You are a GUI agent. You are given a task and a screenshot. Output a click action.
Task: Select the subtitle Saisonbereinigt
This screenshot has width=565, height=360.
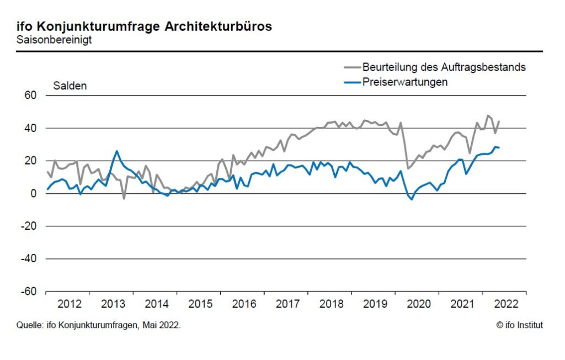coord(54,40)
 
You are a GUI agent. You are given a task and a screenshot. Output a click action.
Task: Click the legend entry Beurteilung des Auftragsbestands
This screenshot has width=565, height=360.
coord(444,67)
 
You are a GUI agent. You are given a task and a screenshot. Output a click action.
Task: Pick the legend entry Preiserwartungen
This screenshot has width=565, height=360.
coord(404,82)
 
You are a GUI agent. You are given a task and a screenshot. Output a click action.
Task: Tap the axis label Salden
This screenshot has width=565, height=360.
coord(70,86)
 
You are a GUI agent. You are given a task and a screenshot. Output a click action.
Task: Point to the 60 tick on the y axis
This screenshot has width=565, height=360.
coord(30,96)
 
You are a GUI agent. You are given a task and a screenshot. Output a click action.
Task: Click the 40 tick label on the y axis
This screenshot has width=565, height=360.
coord(30,128)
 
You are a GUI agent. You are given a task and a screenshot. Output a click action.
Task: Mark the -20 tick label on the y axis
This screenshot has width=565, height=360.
coord(28,226)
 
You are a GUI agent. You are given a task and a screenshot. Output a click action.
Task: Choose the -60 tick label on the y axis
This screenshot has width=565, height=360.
coord(28,292)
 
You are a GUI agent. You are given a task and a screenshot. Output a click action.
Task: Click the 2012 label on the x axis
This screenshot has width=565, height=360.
coord(70,304)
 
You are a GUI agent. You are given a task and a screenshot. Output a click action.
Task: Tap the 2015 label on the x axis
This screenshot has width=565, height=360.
coord(200,304)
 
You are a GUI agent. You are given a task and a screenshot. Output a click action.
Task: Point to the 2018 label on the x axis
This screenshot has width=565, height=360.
coord(332,304)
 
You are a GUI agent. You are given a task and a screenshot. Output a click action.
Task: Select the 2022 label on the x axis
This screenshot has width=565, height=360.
coord(506,304)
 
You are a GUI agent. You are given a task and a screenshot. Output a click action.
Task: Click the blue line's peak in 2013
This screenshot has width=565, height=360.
coord(117,151)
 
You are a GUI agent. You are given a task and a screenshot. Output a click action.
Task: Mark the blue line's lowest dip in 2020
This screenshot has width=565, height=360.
coord(412,199)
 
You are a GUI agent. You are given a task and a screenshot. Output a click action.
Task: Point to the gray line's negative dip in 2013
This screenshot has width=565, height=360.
coord(124,198)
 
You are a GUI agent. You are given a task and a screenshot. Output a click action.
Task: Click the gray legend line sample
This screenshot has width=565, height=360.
coord(351,67)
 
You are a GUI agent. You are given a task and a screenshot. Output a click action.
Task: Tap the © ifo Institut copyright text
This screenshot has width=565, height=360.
coord(519,325)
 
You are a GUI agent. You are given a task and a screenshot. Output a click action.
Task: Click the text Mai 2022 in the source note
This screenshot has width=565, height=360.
coord(161,325)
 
